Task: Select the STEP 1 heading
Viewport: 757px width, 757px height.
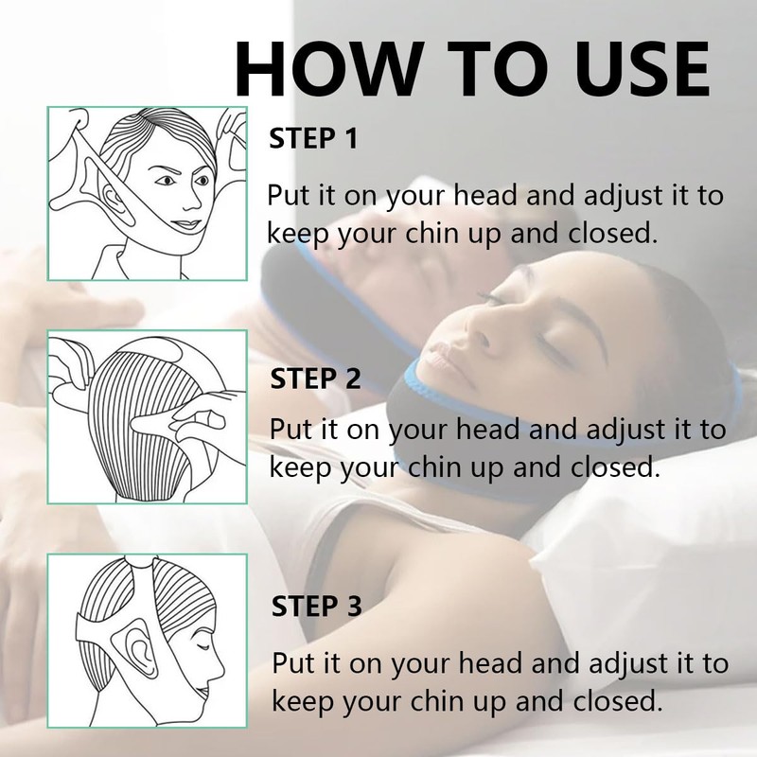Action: (x=314, y=139)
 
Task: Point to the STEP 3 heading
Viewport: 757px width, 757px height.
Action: (x=316, y=605)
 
